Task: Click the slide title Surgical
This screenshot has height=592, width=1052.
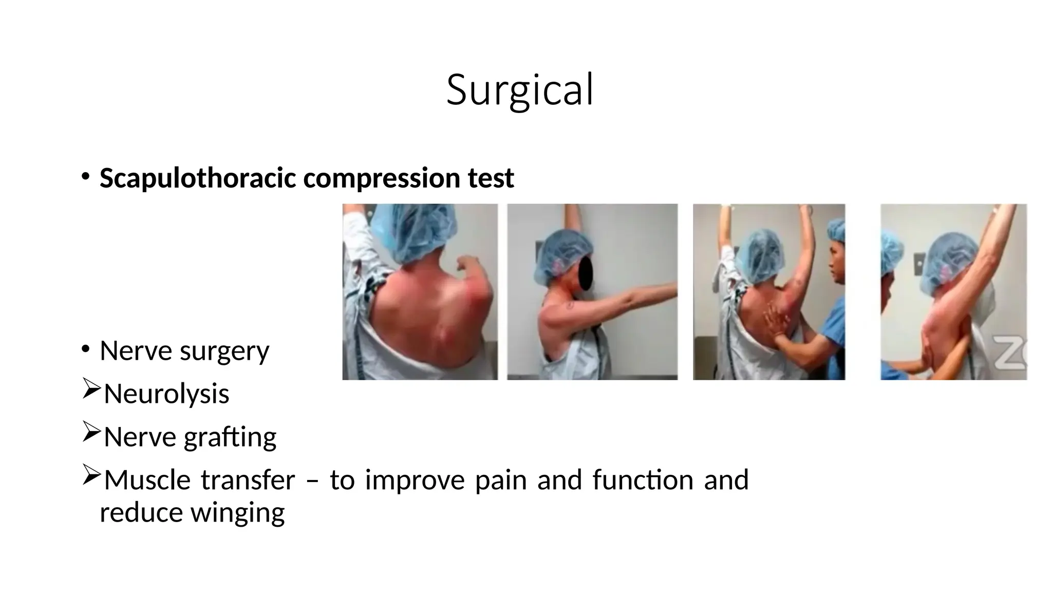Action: (520, 90)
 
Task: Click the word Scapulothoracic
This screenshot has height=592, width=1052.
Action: (197, 178)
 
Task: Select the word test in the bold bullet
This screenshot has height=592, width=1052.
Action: (491, 178)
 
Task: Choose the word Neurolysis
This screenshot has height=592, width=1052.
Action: (166, 394)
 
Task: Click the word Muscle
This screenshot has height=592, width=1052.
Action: (147, 480)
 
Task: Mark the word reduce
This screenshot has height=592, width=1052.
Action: (141, 512)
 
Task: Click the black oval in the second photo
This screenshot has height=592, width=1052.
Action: (586, 272)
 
